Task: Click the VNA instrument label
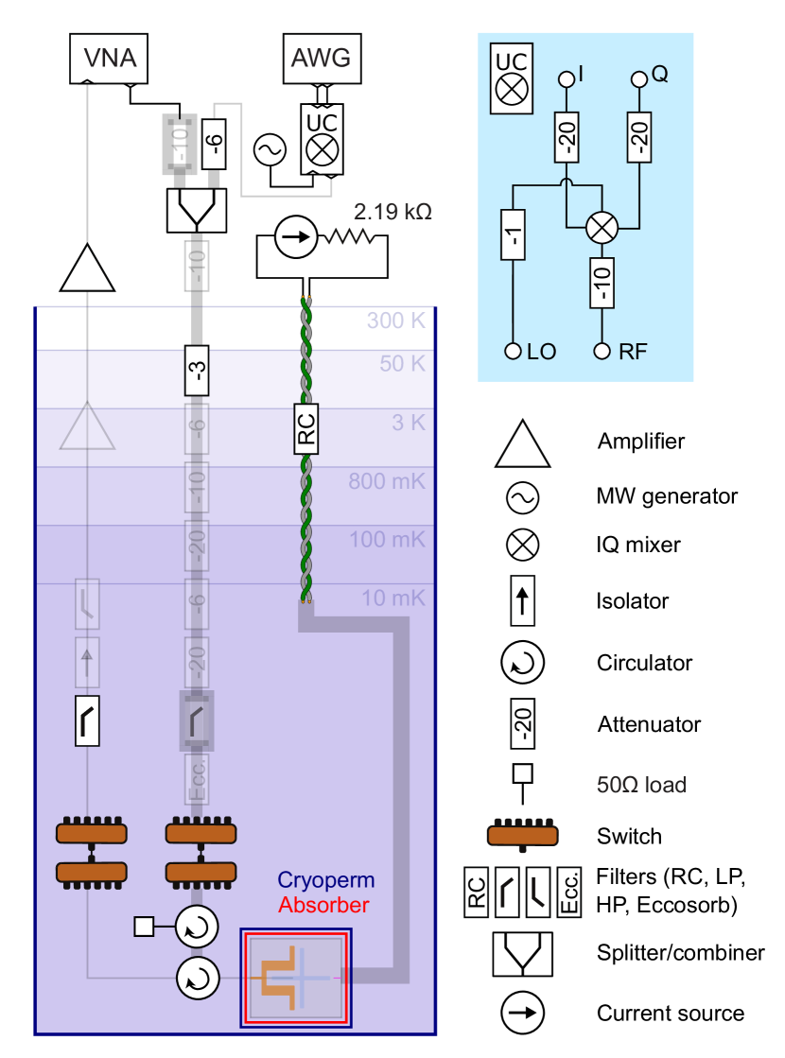(x=111, y=58)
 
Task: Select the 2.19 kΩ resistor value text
(x=392, y=212)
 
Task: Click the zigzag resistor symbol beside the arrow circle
(x=349, y=237)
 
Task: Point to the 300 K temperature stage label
(x=397, y=321)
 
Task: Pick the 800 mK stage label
(x=387, y=482)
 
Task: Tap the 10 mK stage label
(x=393, y=598)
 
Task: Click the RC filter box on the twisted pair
(x=305, y=427)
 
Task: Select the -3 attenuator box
(x=196, y=369)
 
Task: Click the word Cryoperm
(x=325, y=881)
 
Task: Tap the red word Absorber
(x=323, y=906)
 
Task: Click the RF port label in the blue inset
(x=633, y=352)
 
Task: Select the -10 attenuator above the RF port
(x=602, y=281)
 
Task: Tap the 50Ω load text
(x=641, y=785)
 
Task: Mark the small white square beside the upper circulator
(x=144, y=927)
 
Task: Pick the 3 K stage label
(x=409, y=423)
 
